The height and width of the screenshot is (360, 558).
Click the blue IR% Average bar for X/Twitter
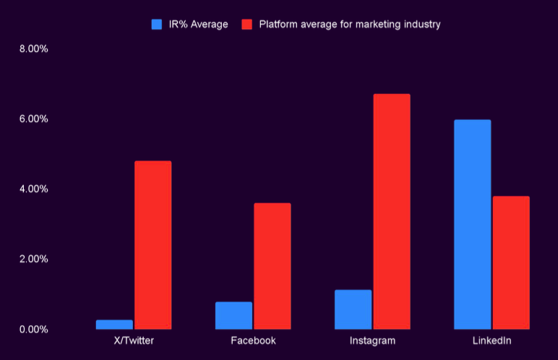click(x=114, y=325)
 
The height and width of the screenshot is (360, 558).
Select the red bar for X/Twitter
click(x=153, y=245)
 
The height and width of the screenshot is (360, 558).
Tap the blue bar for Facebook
click(x=233, y=316)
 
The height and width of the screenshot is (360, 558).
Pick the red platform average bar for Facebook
click(x=272, y=266)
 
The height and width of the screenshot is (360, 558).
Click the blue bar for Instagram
click(x=353, y=309)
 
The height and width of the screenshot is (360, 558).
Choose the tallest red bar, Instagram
click(x=392, y=212)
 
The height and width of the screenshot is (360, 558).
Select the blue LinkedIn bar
click(x=472, y=224)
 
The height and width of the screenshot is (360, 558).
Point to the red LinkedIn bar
click(x=511, y=262)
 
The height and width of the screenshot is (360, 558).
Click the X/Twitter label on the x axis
click(x=134, y=340)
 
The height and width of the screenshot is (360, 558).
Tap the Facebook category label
click(x=253, y=340)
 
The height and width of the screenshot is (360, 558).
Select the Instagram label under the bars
click(x=372, y=340)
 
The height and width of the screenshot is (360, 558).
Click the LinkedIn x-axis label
click(x=492, y=340)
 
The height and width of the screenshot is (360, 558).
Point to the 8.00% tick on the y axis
click(x=33, y=49)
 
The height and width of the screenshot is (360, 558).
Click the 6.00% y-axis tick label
click(x=33, y=119)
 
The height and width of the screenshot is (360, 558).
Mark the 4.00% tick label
click(x=33, y=189)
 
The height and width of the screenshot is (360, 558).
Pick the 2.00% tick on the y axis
click(x=33, y=260)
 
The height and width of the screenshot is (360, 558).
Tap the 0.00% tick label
click(x=33, y=330)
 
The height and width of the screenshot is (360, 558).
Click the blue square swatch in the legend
click(x=156, y=24)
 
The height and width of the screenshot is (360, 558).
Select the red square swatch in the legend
click(x=246, y=24)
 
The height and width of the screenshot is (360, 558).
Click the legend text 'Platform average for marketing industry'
click(x=350, y=24)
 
